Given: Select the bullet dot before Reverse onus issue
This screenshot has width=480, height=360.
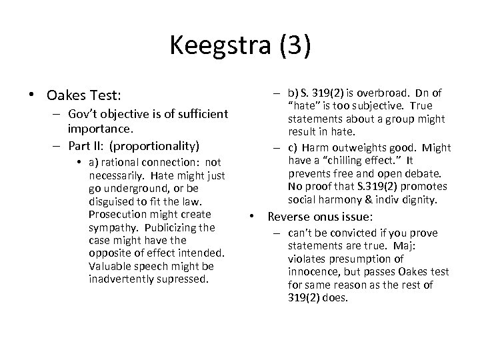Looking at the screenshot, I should click(253, 217).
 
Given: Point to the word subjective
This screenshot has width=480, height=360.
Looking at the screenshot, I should click(379, 106).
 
